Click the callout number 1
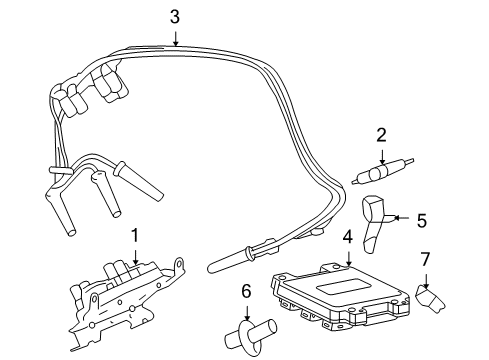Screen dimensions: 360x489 134,235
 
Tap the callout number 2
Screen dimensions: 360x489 381,135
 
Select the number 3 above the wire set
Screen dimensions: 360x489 175,16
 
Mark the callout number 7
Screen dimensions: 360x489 425,260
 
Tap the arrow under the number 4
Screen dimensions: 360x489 347,259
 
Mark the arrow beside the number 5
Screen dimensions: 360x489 400,217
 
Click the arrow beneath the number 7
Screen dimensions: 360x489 425,280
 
